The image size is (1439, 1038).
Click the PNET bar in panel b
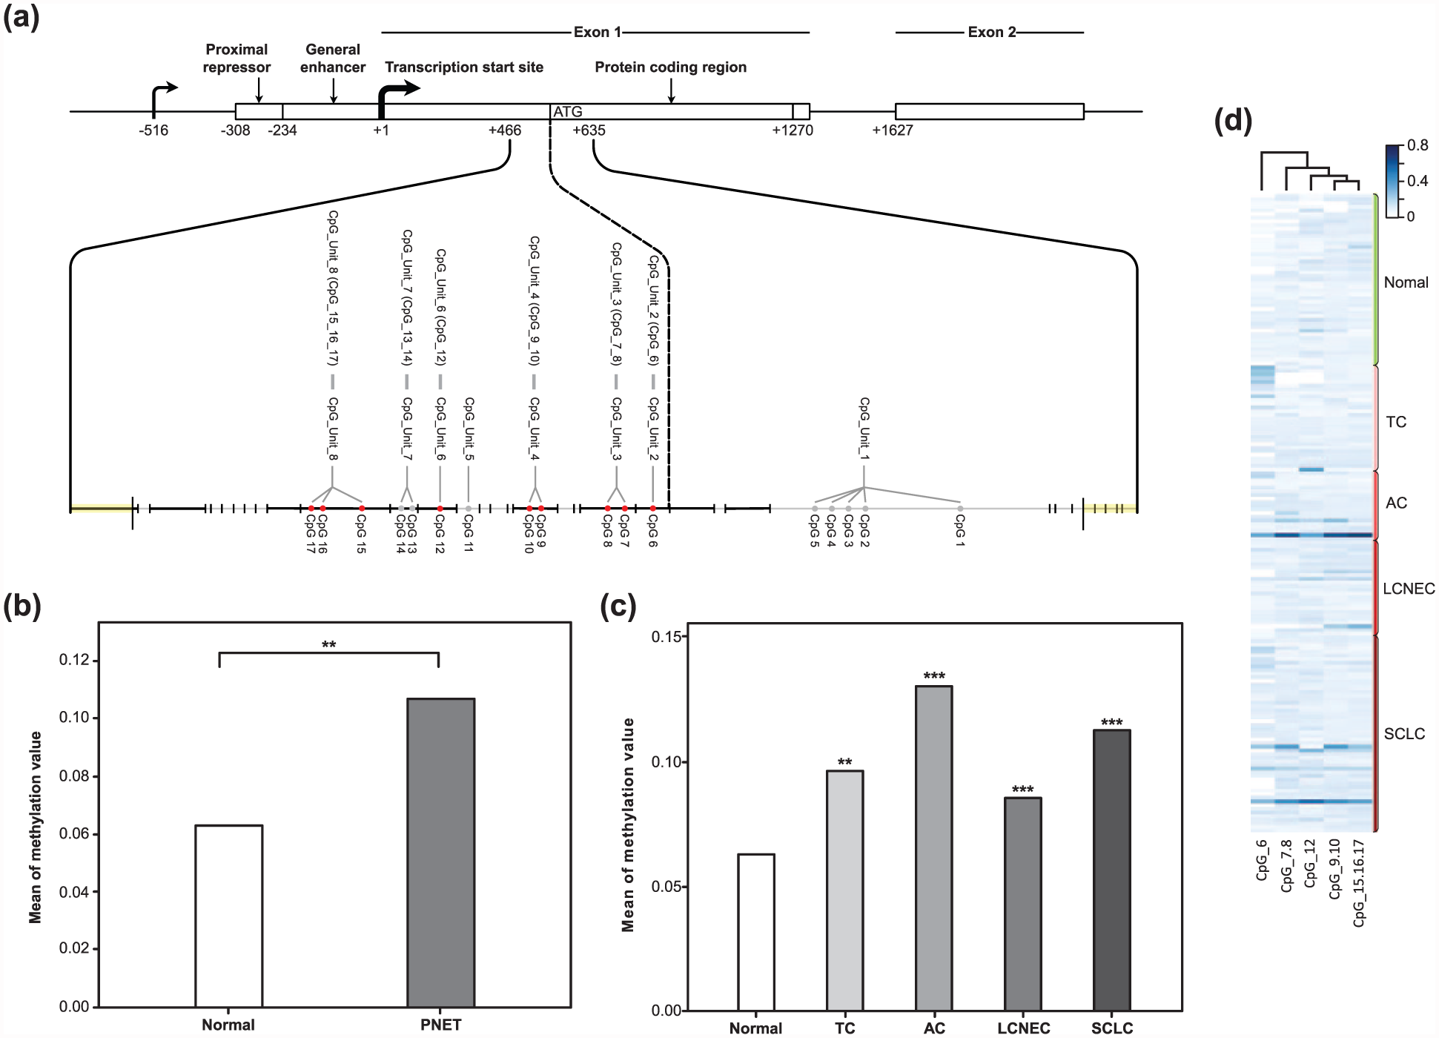[440, 852]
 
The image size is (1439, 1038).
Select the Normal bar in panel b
[228, 916]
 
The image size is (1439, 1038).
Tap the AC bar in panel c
[934, 847]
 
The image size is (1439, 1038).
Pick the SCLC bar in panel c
[1112, 870]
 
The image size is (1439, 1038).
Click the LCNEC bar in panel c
[1023, 904]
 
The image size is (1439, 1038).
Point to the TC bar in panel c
[845, 890]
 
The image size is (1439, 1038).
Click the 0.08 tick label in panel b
[74, 776]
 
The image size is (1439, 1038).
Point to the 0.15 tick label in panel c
[666, 637]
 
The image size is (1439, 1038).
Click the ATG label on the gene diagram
[568, 112]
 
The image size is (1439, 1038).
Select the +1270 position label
[793, 130]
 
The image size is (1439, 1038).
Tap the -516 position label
[153, 130]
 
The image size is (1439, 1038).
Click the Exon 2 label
[992, 32]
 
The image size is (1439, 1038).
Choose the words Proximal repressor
[236, 59]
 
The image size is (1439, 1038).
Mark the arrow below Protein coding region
[671, 90]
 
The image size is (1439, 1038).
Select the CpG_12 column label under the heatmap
[1310, 863]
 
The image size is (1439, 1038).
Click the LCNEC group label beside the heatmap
[1409, 589]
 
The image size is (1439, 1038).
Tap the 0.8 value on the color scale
[1418, 145]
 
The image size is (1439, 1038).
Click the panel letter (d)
[1233, 120]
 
